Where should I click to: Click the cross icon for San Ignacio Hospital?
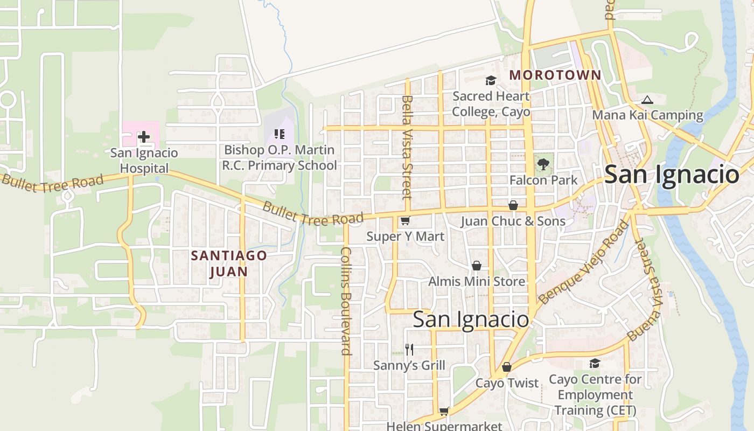[143, 137]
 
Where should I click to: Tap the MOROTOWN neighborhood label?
[555, 75]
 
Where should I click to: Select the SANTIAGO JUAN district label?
[229, 263]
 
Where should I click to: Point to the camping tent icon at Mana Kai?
[647, 100]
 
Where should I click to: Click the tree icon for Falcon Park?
[543, 164]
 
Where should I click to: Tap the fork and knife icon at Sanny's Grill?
[409, 350]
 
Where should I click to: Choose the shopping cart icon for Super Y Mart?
[405, 220]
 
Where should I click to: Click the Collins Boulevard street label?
[346, 301]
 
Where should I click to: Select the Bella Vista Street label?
[407, 147]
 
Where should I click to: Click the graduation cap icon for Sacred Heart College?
[490, 81]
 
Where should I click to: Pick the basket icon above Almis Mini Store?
[476, 266]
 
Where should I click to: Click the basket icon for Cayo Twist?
[506, 367]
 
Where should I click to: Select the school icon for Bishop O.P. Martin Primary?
[279, 134]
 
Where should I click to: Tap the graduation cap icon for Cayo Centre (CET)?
[595, 364]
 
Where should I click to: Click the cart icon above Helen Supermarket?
[444, 412]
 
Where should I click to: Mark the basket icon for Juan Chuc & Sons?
[513, 205]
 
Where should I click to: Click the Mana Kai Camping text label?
[647, 115]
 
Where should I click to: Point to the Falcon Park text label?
[543, 180]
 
